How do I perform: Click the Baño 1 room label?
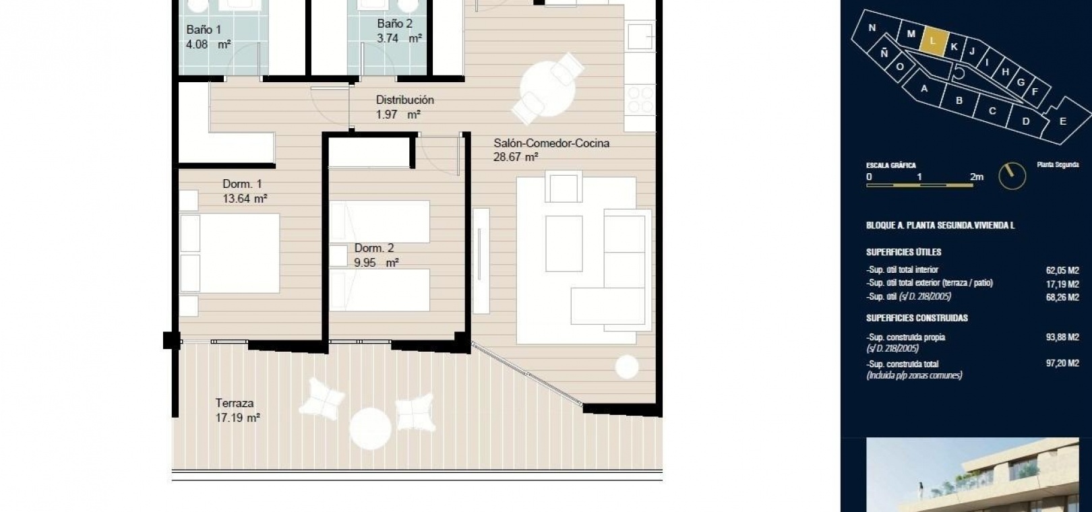[204, 30]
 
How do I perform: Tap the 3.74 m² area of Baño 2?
[399, 38]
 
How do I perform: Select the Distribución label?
[404, 100]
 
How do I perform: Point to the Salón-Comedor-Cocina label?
[551, 143]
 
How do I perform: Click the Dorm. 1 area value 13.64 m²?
[245, 199]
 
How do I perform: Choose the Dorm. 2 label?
[374, 248]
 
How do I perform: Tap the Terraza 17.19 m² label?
[237, 410]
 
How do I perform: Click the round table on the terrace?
[370, 428]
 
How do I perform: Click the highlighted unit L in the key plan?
[934, 40]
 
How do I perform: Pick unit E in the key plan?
[1063, 121]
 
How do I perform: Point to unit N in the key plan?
[872, 28]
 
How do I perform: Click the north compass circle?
[1012, 176]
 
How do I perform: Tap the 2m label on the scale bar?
[977, 177]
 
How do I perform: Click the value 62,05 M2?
[1062, 270]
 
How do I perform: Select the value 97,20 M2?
[1062, 363]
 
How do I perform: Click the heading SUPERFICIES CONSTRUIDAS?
[917, 318]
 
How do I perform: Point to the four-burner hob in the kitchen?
[640, 100]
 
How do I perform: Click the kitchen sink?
[640, 36]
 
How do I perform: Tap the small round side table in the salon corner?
[627, 367]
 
